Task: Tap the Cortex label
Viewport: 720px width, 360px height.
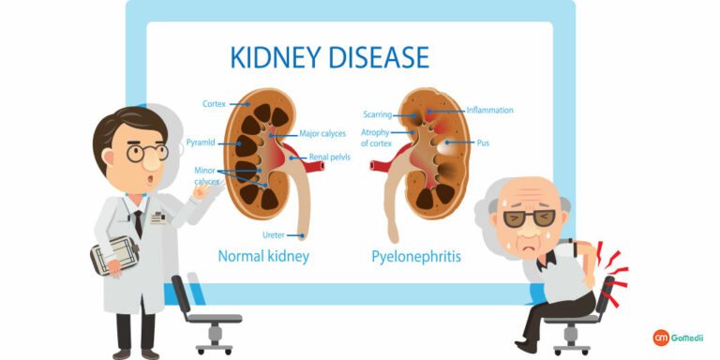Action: point(214,103)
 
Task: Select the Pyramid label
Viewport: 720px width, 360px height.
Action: point(201,142)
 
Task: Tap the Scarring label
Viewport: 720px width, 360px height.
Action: point(379,114)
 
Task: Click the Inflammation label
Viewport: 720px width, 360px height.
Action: point(489,110)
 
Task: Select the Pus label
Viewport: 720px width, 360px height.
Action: point(483,143)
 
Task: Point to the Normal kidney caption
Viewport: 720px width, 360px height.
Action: point(263,255)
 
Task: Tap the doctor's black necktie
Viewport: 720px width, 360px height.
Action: point(138,223)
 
